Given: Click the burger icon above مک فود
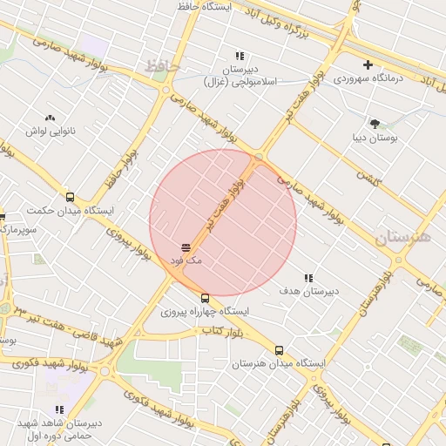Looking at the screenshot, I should click(x=186, y=248).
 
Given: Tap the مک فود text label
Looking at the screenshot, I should click(x=186, y=260).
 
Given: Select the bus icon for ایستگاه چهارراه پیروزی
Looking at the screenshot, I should click(x=206, y=298).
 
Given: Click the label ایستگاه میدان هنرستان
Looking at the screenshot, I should click(x=278, y=363).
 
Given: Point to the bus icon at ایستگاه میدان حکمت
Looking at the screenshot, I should click(x=71, y=198).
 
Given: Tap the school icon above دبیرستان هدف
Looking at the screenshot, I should click(x=308, y=279).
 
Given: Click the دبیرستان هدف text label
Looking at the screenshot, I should click(x=308, y=291).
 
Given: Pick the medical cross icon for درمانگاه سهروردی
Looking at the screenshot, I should click(x=368, y=64).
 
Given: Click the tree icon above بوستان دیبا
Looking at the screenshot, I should click(x=375, y=124).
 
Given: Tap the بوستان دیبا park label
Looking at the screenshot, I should click(x=375, y=137).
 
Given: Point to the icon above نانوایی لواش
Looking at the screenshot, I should click(x=50, y=117).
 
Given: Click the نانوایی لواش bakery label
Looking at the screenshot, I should click(x=50, y=130).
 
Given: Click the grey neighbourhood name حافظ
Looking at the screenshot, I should click(x=162, y=65).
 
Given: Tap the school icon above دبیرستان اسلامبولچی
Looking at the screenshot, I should click(x=240, y=57).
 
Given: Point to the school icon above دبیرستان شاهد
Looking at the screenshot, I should click(x=59, y=409).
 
